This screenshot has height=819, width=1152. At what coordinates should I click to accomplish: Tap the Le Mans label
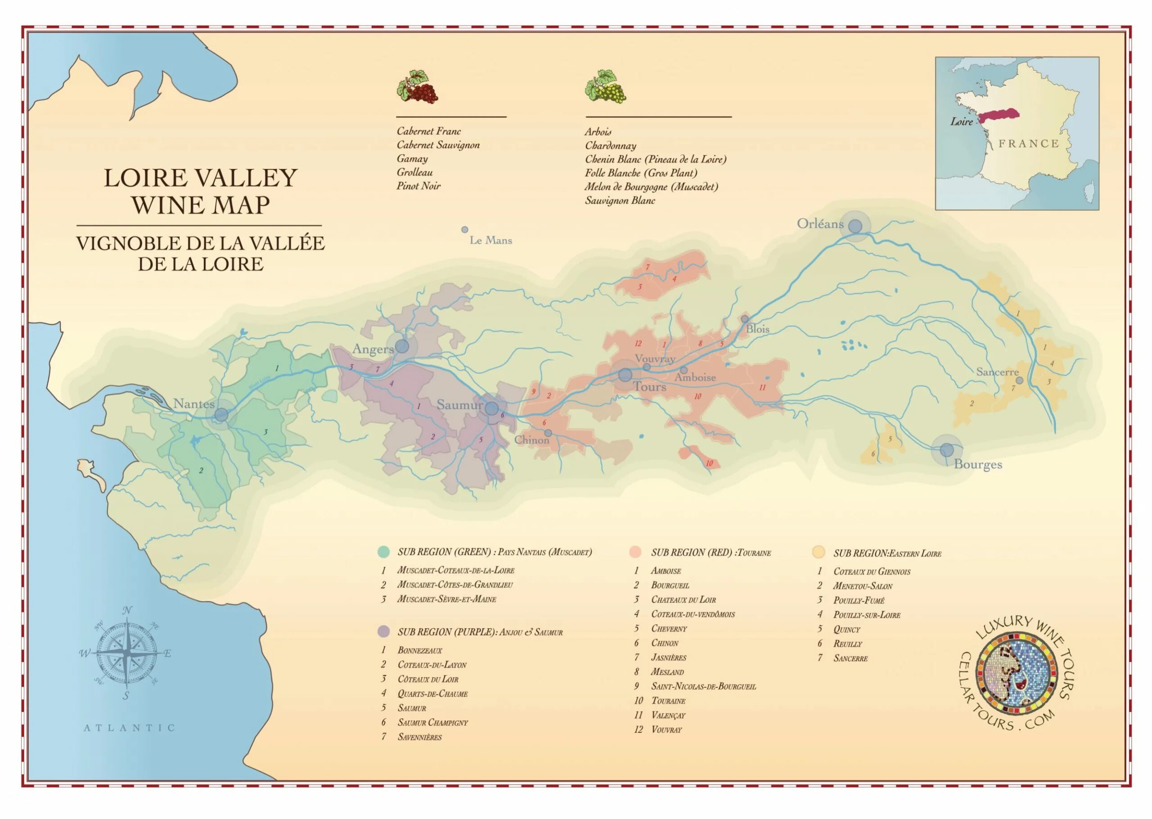[x=490, y=241]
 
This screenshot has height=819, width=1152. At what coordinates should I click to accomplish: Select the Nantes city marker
[x=221, y=415]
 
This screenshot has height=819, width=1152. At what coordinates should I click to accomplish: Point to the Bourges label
[x=977, y=465]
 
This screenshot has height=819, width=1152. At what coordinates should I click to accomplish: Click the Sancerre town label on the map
[x=997, y=372]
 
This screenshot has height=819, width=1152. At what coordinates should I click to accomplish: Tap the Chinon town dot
[x=548, y=433]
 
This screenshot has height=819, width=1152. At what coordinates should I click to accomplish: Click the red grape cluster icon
[x=417, y=87]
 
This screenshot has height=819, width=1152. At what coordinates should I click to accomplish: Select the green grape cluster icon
[x=606, y=87]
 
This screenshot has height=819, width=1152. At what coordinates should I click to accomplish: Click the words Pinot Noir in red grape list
[x=418, y=186]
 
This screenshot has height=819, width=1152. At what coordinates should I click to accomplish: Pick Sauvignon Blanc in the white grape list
[x=620, y=201]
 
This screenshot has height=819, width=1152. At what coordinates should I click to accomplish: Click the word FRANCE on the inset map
[x=1028, y=144]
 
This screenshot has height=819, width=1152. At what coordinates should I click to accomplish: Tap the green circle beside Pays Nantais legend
[x=383, y=552]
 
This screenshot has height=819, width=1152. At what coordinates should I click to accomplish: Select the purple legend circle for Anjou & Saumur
[x=383, y=631]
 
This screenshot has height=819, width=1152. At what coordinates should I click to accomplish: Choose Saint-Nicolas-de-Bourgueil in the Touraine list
[x=703, y=686]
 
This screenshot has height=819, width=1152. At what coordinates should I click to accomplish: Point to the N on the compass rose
[x=127, y=611]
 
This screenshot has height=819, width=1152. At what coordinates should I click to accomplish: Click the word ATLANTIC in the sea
[x=129, y=728]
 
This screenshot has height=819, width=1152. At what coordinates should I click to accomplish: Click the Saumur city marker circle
[x=491, y=408]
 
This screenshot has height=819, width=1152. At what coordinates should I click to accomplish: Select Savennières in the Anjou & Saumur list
[x=419, y=737]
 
